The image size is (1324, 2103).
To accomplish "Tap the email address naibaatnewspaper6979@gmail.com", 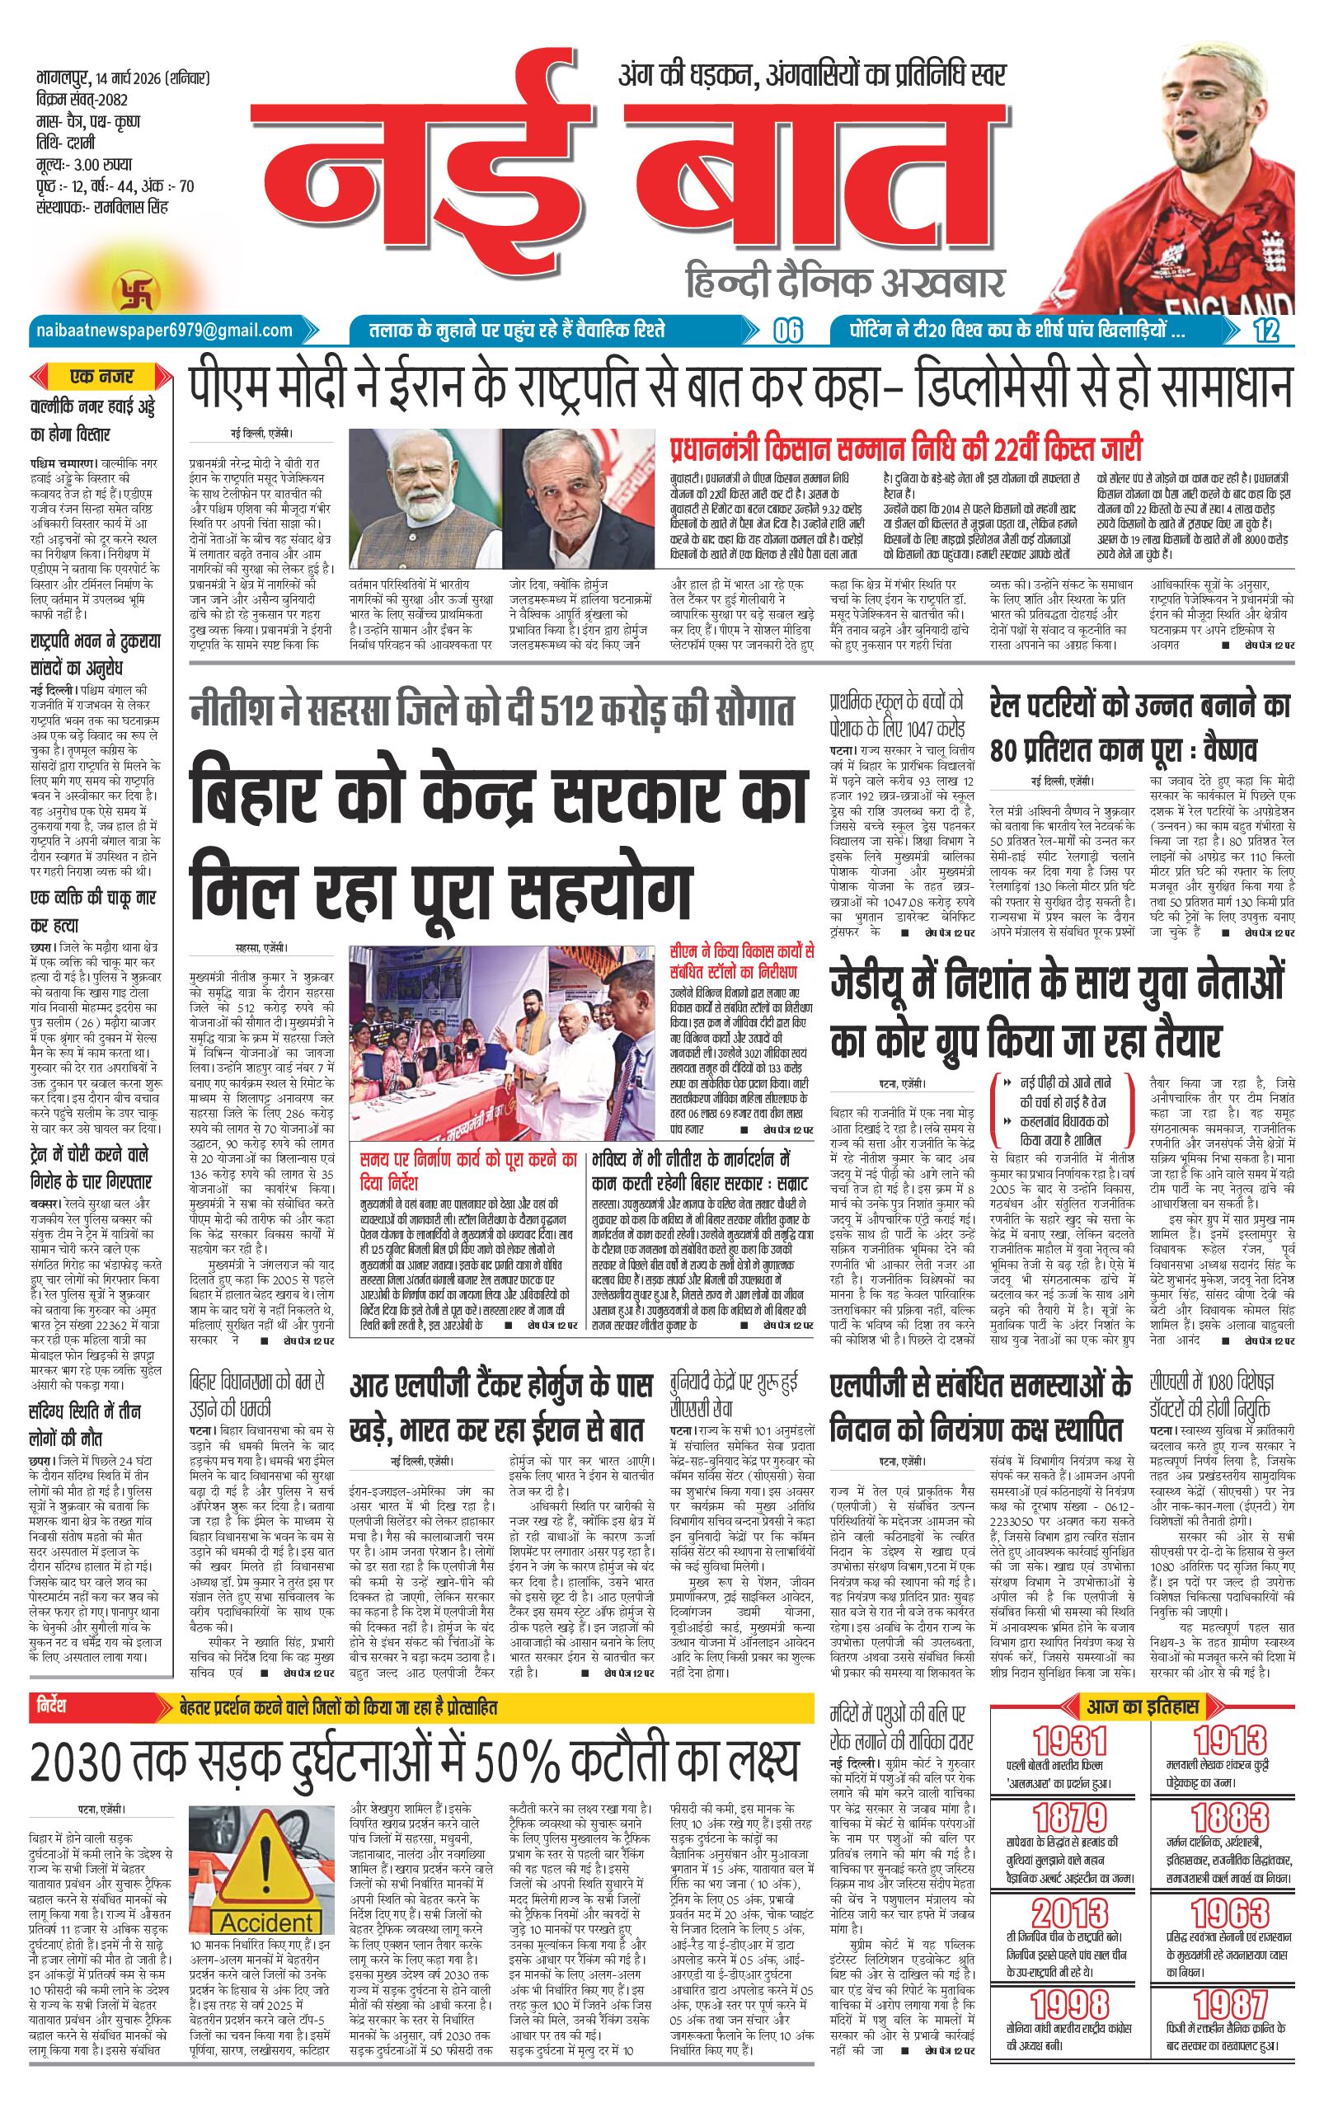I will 164,330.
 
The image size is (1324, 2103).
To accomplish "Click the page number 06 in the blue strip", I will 788,330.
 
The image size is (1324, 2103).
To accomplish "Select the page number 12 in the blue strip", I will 1265,330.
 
